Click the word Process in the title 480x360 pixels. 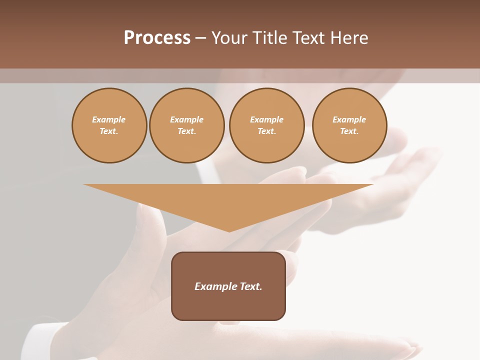(157, 38)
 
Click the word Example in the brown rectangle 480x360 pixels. (215, 286)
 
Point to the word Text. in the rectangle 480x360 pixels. (250, 286)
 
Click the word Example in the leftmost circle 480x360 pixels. (109, 119)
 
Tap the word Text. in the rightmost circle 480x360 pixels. (349, 131)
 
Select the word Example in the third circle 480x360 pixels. (266, 119)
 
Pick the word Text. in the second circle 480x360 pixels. (186, 131)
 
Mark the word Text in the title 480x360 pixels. (308, 38)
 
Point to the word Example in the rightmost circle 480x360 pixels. (349, 119)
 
